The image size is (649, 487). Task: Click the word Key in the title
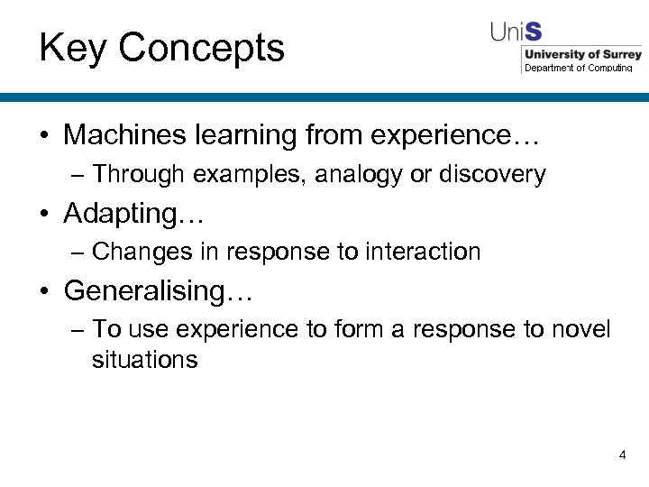(72, 48)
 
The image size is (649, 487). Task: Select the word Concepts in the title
(201, 48)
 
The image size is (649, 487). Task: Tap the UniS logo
(516, 32)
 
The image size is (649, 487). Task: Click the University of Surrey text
(582, 54)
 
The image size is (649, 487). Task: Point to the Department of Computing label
(579, 68)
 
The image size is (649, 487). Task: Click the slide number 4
(622, 455)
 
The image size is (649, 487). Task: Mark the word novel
(580, 329)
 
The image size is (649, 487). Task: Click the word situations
(144, 359)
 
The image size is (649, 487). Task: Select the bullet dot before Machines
(44, 136)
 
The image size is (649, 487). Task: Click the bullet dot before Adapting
(44, 215)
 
